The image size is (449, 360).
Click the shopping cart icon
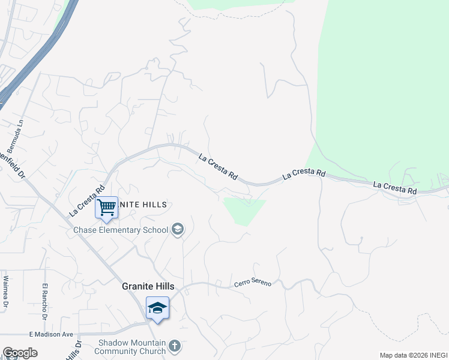(107, 208)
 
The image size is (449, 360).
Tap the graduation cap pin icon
(157, 308)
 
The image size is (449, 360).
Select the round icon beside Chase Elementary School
(177, 229)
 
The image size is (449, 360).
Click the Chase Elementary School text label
(121, 230)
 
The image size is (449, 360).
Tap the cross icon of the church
(174, 346)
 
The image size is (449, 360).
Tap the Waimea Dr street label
(5, 292)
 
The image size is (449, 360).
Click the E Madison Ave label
(50, 334)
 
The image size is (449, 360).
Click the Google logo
(20, 353)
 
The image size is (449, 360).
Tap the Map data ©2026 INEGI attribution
(412, 355)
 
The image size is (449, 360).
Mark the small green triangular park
(243, 211)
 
